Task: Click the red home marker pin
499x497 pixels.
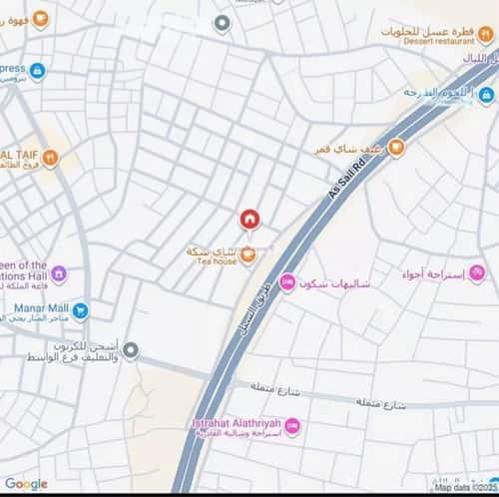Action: tap(249, 220)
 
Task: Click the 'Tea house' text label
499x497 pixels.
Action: tap(217, 262)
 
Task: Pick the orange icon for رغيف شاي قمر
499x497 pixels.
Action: tap(396, 148)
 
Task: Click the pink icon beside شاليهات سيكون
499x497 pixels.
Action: tap(287, 282)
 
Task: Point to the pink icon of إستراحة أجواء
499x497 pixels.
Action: tap(477, 272)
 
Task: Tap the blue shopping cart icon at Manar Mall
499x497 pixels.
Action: tap(80, 310)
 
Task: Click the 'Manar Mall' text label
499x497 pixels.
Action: tap(40, 309)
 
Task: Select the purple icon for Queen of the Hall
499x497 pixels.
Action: tap(59, 272)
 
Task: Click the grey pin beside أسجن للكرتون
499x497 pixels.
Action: tap(131, 349)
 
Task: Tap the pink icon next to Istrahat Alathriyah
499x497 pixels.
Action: tap(292, 427)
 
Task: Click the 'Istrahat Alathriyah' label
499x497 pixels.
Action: tap(238, 422)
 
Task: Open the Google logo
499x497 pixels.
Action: tap(26, 484)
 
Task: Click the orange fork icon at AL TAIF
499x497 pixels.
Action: tap(51, 157)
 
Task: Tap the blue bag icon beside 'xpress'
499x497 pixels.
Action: tap(37, 71)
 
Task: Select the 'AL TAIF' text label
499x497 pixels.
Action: tap(19, 156)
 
